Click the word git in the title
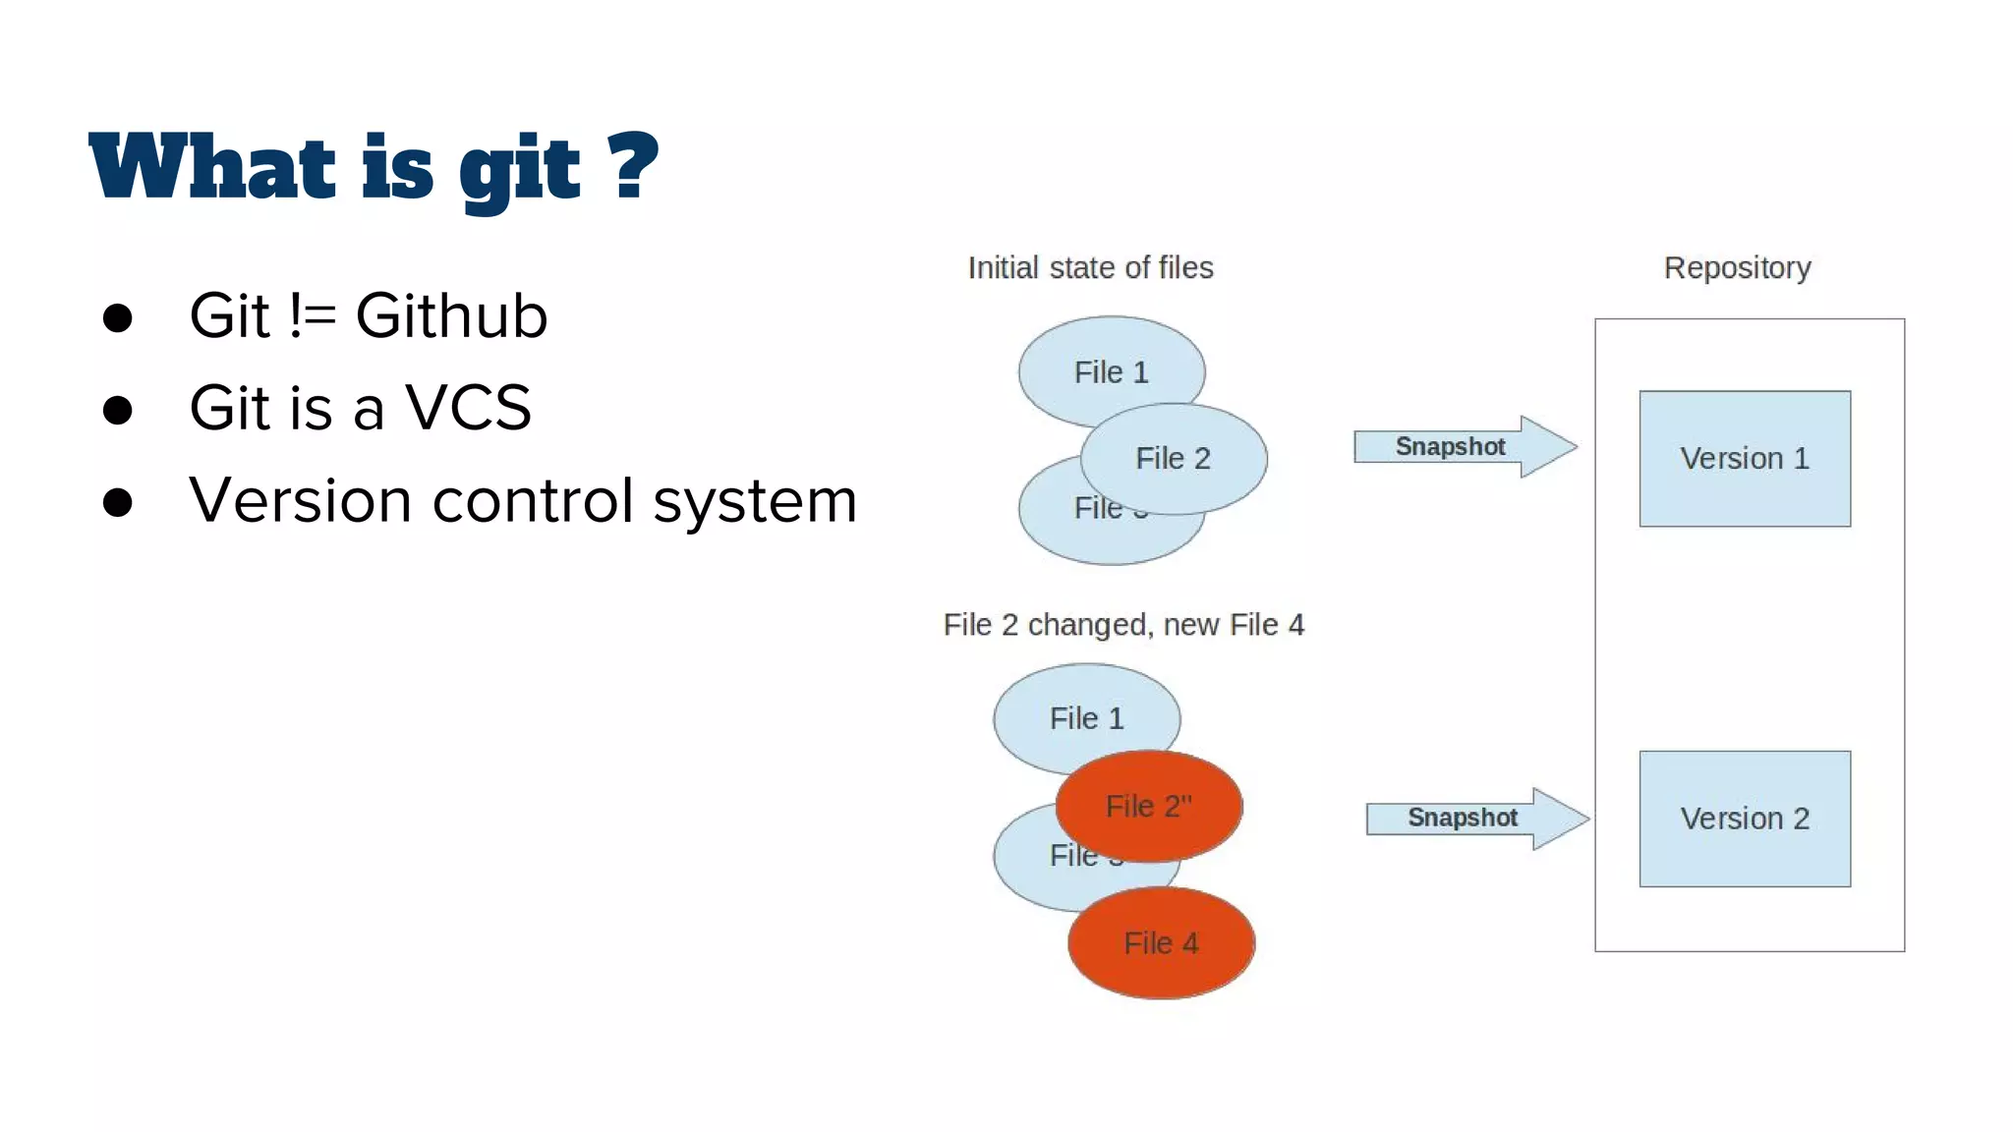coord(520,169)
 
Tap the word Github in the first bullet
coord(451,316)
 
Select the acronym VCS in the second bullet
coord(468,408)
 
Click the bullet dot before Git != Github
coord(118,317)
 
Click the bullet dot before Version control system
coord(118,502)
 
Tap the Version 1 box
coord(1745,459)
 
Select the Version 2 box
coord(1745,819)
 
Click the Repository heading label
coord(1737,267)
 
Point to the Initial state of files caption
coord(1090,267)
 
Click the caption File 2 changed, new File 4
coord(1123,625)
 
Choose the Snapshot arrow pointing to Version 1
coord(1464,447)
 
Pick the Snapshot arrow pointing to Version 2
coord(1475,818)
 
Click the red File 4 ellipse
coord(1161,943)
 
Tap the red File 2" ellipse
coord(1148,806)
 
